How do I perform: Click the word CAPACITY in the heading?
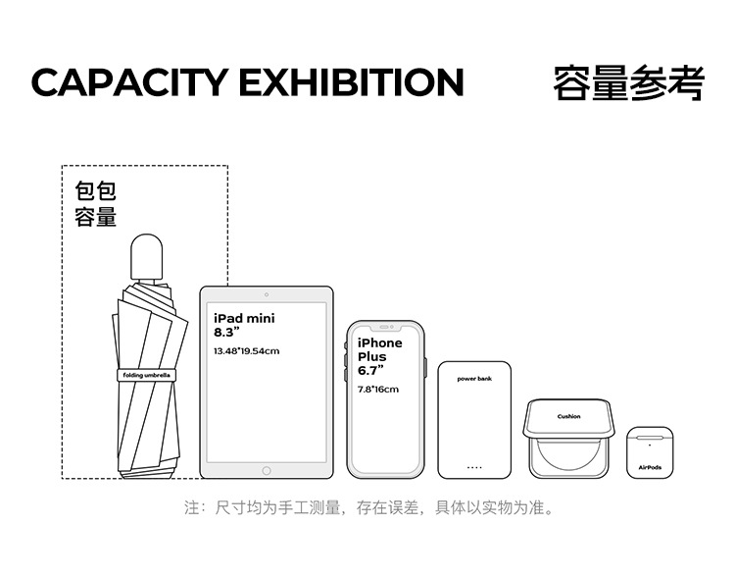pyautogui.click(x=130, y=82)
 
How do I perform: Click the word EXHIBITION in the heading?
pyautogui.click(x=351, y=82)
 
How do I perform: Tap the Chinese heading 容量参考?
pyautogui.click(x=628, y=82)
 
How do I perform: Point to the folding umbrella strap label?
pyautogui.click(x=145, y=375)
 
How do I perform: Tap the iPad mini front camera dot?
pyautogui.click(x=267, y=294)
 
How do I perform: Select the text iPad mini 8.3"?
pyautogui.click(x=244, y=325)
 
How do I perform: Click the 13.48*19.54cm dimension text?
pyautogui.click(x=246, y=350)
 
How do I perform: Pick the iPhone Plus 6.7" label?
pyautogui.click(x=379, y=356)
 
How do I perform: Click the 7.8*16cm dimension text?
pyautogui.click(x=378, y=390)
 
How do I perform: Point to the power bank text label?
pyautogui.click(x=474, y=378)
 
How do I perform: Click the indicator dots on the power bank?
pyautogui.click(x=474, y=467)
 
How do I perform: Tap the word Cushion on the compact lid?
pyautogui.click(x=568, y=416)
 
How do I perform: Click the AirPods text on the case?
pyautogui.click(x=650, y=467)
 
